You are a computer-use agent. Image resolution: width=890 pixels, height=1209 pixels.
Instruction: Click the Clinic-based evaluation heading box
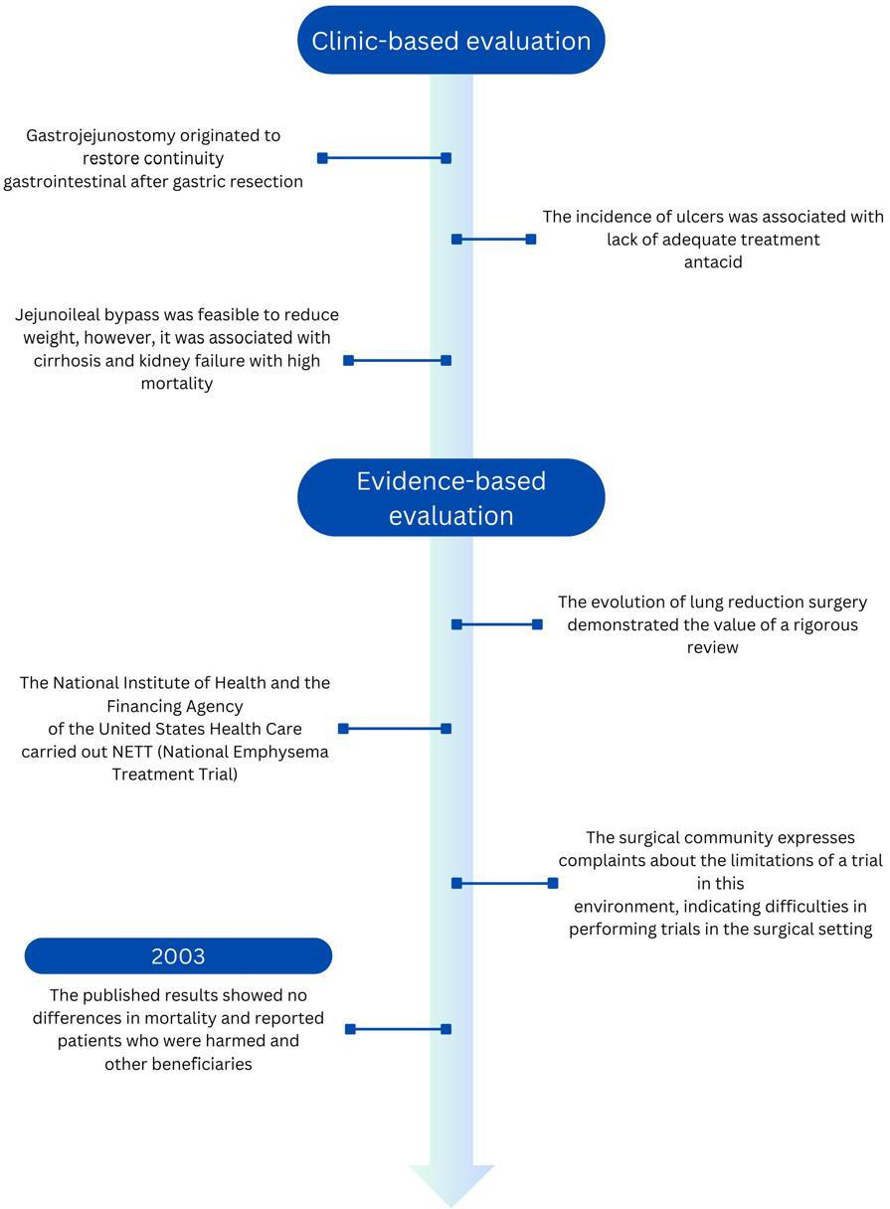pyautogui.click(x=450, y=41)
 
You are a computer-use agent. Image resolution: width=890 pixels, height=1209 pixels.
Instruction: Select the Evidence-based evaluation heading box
pyautogui.click(x=450, y=497)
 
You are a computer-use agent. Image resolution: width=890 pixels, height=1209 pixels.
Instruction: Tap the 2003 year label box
pyautogui.click(x=178, y=955)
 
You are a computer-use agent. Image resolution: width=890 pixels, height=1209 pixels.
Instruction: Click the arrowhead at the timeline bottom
pyautogui.click(x=451, y=1188)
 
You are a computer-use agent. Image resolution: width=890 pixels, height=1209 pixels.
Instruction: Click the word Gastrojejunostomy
pyautogui.click(x=100, y=135)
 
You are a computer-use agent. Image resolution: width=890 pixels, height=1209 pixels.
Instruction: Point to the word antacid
pyautogui.click(x=713, y=262)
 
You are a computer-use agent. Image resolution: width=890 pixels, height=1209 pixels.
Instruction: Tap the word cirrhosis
pyautogui.click(x=67, y=361)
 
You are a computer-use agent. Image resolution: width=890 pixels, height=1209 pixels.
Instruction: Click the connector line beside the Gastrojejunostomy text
pyautogui.click(x=384, y=158)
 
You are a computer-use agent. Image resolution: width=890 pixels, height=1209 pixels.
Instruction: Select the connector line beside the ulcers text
pyautogui.click(x=494, y=239)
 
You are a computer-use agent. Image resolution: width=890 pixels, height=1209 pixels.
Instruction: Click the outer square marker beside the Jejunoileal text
pyautogui.click(x=349, y=361)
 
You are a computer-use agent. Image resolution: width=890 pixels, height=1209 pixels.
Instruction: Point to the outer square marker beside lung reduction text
pyautogui.click(x=537, y=624)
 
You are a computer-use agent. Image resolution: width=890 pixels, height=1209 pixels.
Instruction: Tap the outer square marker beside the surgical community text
pyautogui.click(x=553, y=883)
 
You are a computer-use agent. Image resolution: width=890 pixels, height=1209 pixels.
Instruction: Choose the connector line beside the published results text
pyautogui.click(x=399, y=1029)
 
